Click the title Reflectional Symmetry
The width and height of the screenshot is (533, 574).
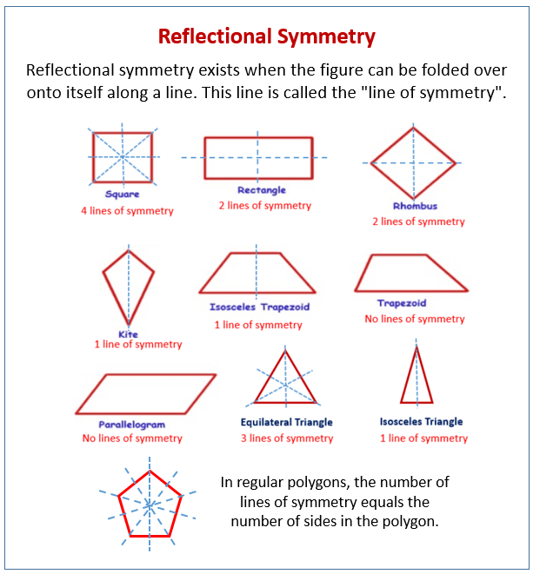click(266, 37)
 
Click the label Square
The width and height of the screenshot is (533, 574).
click(122, 194)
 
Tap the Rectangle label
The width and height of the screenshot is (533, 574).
click(262, 190)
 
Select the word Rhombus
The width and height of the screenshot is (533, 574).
click(415, 206)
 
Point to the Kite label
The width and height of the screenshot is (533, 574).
click(128, 333)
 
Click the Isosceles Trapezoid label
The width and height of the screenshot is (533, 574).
click(259, 307)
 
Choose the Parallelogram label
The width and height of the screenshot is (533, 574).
click(131, 425)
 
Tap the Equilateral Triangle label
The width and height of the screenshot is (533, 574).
click(286, 422)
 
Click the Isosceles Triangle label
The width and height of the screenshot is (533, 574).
click(421, 422)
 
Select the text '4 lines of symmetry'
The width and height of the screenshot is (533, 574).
click(127, 211)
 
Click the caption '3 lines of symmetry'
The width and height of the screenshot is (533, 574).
click(287, 439)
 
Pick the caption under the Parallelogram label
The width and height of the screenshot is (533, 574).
click(132, 439)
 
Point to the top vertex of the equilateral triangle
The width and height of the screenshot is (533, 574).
click(285, 351)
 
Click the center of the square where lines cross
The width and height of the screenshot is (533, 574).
click(123, 157)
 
